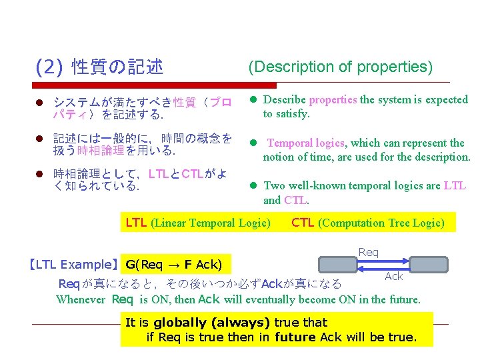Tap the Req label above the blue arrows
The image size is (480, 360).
click(369, 252)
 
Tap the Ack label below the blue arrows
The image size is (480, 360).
click(394, 276)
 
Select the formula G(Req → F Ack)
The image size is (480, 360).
click(173, 265)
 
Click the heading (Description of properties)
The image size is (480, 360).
click(340, 67)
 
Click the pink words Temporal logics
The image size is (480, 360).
click(306, 143)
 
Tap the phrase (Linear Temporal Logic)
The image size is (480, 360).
click(211, 223)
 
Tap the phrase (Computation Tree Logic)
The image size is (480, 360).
click(381, 223)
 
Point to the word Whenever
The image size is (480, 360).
click(81, 299)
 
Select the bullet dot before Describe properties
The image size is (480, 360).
click(253, 100)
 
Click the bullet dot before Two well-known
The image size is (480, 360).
click(253, 186)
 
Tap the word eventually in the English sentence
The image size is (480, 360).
click(272, 299)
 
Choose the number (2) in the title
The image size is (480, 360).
click(49, 67)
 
